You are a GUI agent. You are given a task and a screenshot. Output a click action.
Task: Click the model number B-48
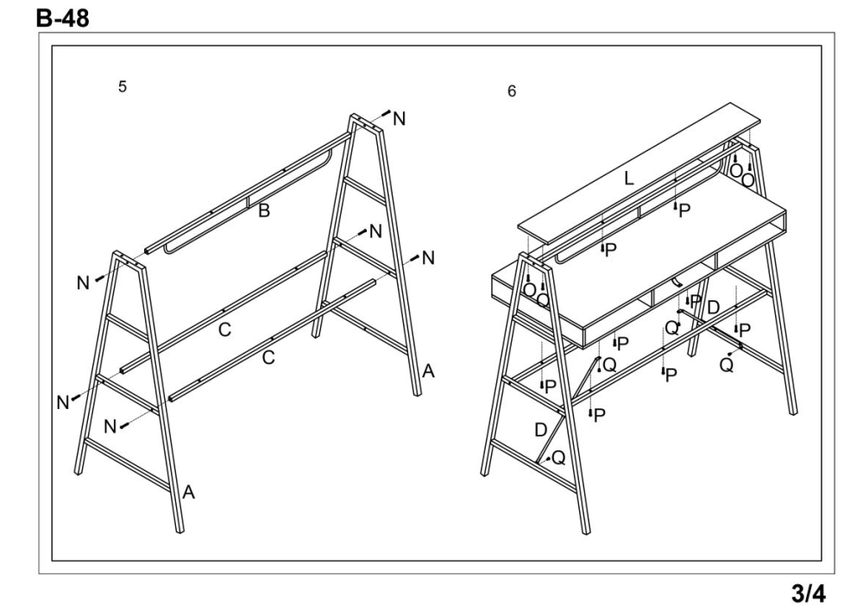(x=62, y=18)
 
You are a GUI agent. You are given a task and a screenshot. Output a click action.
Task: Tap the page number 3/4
(x=809, y=594)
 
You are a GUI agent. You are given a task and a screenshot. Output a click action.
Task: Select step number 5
(x=123, y=86)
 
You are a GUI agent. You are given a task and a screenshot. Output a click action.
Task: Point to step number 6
(x=512, y=91)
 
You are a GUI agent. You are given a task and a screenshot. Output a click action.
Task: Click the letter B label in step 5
(x=264, y=211)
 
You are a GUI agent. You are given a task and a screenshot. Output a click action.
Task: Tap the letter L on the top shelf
(x=628, y=178)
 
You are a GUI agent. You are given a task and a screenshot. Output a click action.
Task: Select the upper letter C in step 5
(x=224, y=330)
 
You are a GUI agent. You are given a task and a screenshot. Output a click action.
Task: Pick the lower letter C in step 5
(x=268, y=358)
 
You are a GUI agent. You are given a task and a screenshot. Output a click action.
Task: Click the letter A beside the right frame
(x=428, y=372)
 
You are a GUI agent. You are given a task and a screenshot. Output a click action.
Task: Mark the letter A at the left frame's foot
(x=188, y=492)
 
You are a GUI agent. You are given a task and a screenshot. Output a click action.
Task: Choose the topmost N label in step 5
(x=399, y=118)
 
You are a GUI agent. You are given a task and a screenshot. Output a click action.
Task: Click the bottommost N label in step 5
(x=110, y=426)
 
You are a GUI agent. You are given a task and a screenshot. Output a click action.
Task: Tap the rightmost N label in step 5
(x=428, y=258)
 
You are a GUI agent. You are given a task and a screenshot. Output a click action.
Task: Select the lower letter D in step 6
(x=541, y=430)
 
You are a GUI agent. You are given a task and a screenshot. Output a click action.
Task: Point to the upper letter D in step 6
(x=714, y=307)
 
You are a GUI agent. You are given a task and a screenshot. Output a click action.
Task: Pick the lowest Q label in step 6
(x=558, y=457)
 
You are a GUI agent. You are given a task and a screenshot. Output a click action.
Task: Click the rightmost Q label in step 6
(x=727, y=364)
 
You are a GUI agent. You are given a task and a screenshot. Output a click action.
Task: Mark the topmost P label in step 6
(x=684, y=211)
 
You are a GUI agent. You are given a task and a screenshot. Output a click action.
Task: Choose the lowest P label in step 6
(x=600, y=415)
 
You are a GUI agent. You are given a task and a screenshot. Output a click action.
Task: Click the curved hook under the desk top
(x=677, y=282)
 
